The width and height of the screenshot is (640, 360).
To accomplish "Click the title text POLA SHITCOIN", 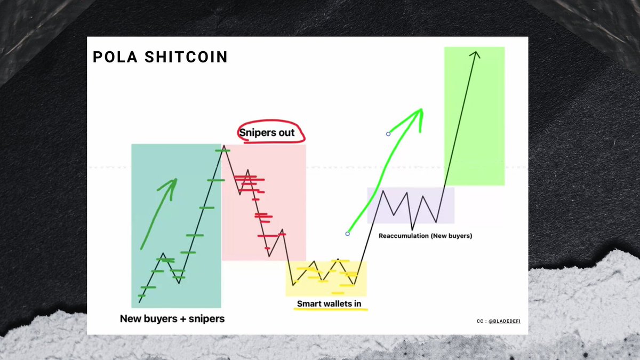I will coord(160,57).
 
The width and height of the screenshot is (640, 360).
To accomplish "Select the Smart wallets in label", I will coord(329,303).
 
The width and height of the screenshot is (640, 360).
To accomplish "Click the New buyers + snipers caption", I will coord(172,319).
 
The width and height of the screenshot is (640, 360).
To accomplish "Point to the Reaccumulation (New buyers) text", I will coord(425,235).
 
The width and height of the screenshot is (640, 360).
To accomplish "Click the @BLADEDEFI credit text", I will coord(506,322).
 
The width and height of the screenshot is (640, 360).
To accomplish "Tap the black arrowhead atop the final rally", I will coord(475,53).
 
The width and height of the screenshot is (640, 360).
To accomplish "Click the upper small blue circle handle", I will coord(388,134).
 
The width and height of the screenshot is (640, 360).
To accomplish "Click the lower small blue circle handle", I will coord(348,234).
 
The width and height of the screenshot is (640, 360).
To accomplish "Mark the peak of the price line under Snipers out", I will coord(224,146).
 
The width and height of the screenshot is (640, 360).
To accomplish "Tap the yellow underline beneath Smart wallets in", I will coord(329,309).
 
